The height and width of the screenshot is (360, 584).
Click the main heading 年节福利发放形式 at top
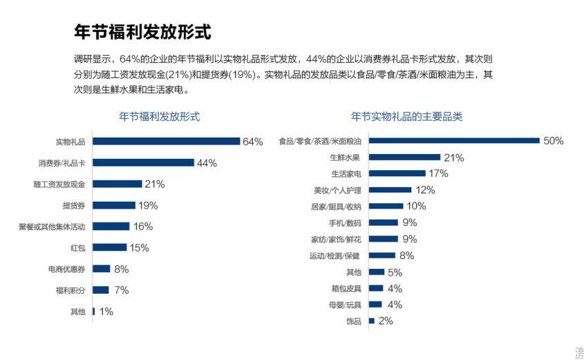(142, 32)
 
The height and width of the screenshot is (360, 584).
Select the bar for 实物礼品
(166, 142)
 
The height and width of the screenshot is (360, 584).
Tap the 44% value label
(207, 163)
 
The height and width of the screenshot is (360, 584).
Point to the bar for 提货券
(114, 205)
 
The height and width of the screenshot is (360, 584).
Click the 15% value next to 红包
(139, 247)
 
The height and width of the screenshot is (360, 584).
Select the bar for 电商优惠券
(102, 269)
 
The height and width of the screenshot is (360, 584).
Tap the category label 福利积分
(70, 290)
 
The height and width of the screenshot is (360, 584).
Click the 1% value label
(106, 311)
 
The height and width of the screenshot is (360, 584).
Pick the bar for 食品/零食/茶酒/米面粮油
(453, 141)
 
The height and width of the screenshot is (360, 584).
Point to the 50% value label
(553, 141)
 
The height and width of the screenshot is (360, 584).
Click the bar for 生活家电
(397, 173)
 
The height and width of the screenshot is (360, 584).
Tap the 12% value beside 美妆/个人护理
(425, 190)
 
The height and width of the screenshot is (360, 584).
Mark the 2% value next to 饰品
(386, 321)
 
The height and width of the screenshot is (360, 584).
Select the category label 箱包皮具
(346, 288)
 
